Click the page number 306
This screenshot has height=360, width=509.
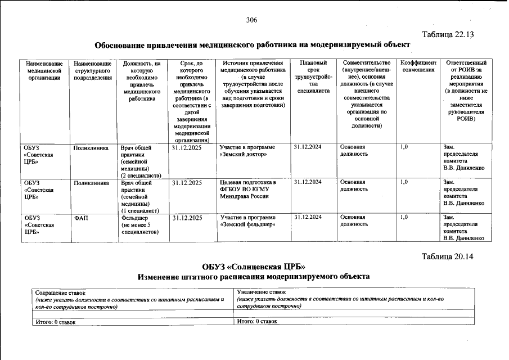click(x=251, y=20)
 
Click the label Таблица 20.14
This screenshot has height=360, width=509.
click(x=448, y=256)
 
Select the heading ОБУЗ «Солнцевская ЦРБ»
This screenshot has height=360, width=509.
click(x=254, y=266)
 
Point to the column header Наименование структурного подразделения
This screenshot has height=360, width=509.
click(x=93, y=70)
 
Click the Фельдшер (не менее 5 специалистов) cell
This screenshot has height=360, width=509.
click(x=139, y=224)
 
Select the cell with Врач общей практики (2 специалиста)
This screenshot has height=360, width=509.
click(x=141, y=161)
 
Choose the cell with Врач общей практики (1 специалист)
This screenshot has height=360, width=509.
click(x=141, y=196)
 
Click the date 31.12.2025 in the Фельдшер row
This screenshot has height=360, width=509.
click(x=187, y=218)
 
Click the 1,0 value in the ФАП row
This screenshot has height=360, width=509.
click(x=404, y=217)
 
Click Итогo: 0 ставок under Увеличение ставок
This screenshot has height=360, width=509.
click(x=257, y=321)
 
